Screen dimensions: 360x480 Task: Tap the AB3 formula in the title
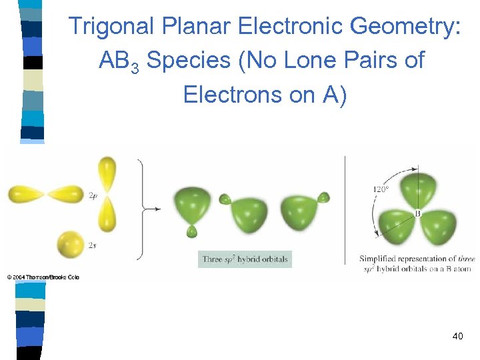(119, 61)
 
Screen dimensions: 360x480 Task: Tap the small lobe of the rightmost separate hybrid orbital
(324, 197)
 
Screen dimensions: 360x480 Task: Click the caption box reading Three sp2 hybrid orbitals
(245, 259)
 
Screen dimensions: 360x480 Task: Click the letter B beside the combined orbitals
(418, 213)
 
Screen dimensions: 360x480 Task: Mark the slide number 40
(457, 337)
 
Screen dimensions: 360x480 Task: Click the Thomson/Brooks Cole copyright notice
(43, 277)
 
